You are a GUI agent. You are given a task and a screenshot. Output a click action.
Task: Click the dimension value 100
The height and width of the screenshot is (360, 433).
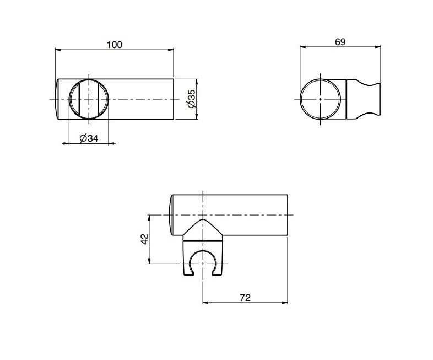(x=115, y=45)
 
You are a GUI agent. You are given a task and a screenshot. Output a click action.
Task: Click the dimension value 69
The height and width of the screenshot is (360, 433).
(x=340, y=42)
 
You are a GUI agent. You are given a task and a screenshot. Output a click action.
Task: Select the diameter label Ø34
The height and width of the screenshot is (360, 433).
(x=89, y=138)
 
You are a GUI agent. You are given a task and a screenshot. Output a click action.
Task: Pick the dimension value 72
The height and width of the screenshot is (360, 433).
(x=246, y=298)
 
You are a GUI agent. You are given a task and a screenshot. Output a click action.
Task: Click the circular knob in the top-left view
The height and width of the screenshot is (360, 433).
(x=89, y=99)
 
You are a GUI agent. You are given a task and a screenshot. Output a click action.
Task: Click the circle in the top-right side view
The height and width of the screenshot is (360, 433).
(x=321, y=99)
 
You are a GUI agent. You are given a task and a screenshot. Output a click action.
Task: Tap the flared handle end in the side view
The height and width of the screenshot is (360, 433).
(x=374, y=99)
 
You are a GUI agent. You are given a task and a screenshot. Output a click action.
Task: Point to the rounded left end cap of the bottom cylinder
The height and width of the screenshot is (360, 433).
(x=171, y=214)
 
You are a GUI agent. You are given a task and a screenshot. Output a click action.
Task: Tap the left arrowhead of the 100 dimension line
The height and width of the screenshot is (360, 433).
(x=57, y=50)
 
